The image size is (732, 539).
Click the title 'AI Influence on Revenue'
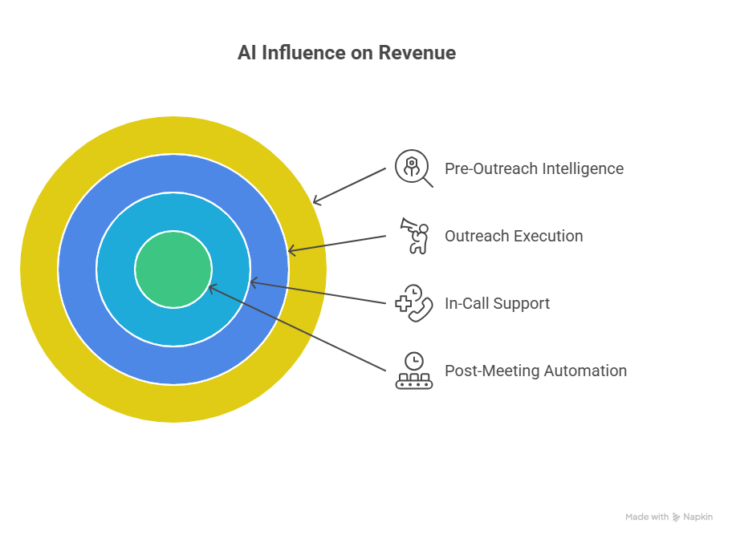pyautogui.click(x=346, y=53)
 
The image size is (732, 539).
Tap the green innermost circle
pyautogui.click(x=173, y=269)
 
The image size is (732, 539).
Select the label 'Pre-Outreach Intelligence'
pyautogui.click(x=534, y=168)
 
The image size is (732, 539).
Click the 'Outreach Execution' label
pyautogui.click(x=514, y=236)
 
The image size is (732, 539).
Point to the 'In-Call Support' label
pyautogui.click(x=497, y=303)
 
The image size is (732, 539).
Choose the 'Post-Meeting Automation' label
pyautogui.click(x=535, y=371)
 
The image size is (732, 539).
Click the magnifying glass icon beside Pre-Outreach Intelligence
pyautogui.click(x=413, y=168)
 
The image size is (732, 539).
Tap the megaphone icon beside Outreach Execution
pyautogui.click(x=414, y=236)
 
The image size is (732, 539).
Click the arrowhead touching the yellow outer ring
pyautogui.click(x=315, y=201)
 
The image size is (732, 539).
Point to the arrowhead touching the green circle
pyautogui.click(x=211, y=287)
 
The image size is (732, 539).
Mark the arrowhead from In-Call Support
pyautogui.click(x=253, y=282)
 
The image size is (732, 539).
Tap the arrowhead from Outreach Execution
pyautogui.click(x=291, y=252)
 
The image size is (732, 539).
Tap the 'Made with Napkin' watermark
pyautogui.click(x=669, y=517)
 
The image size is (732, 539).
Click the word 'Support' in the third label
pyautogui.click(x=522, y=303)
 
